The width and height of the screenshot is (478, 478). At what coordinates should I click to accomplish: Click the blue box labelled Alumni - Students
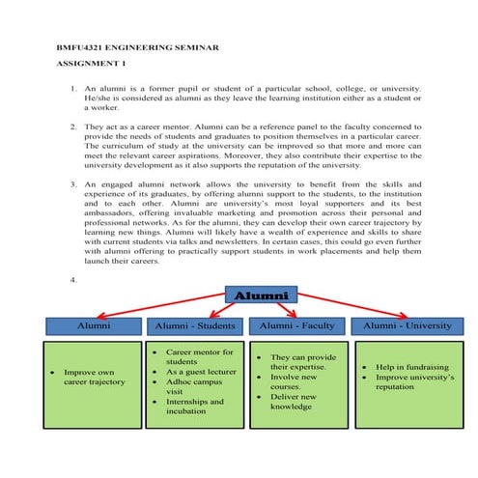197,326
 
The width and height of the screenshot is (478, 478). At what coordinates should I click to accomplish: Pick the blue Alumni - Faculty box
294,326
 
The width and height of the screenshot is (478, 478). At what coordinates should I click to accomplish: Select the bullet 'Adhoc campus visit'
199,387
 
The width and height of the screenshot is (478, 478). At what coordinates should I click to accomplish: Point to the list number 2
74,127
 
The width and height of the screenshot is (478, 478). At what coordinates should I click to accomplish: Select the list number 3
74,183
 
